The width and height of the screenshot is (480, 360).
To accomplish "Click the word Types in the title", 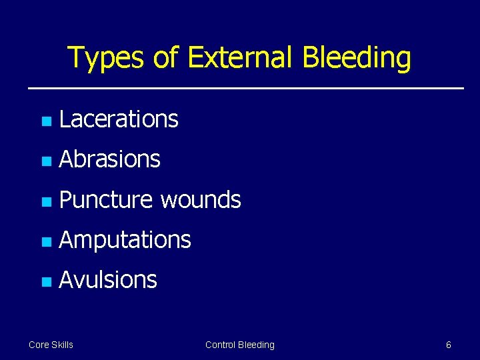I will click(x=107, y=58).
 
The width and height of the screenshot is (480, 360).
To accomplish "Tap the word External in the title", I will click(x=241, y=58).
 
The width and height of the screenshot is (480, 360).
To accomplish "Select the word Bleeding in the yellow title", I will click(x=357, y=58).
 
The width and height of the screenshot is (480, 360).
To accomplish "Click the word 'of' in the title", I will click(x=166, y=58).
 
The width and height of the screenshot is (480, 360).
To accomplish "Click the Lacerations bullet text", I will click(x=119, y=119).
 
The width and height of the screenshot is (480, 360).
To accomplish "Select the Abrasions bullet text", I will click(x=110, y=159).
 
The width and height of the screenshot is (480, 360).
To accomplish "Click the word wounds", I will click(x=201, y=199).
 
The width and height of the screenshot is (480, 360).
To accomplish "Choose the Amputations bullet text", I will click(x=125, y=239).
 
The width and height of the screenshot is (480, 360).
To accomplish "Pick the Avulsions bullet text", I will click(x=108, y=279).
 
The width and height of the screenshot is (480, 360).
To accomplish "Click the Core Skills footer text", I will click(x=51, y=345).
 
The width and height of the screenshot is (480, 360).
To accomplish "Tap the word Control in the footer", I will click(x=221, y=345).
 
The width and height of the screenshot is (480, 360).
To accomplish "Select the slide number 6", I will click(x=448, y=345).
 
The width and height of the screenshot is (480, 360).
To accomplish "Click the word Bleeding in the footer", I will click(x=257, y=345).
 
